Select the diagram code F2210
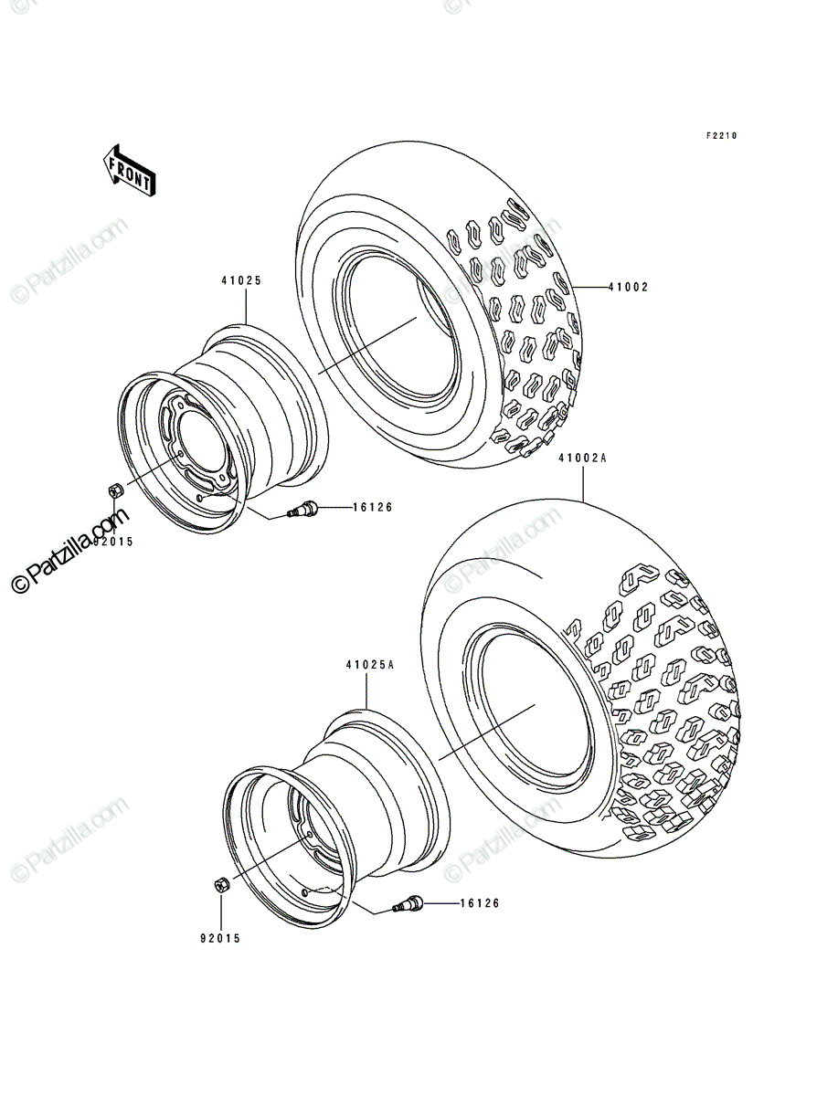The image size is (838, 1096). (x=721, y=136)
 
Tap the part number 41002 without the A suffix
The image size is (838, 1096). (x=628, y=287)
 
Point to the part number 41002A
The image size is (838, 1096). (x=582, y=458)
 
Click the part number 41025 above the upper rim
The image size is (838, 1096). (x=241, y=280)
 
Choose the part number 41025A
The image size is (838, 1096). (x=370, y=665)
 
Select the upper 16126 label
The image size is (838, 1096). (x=373, y=507)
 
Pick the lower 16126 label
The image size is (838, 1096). (x=480, y=903)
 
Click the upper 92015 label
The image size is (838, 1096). (x=113, y=542)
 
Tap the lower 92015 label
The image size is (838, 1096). (x=220, y=939)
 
